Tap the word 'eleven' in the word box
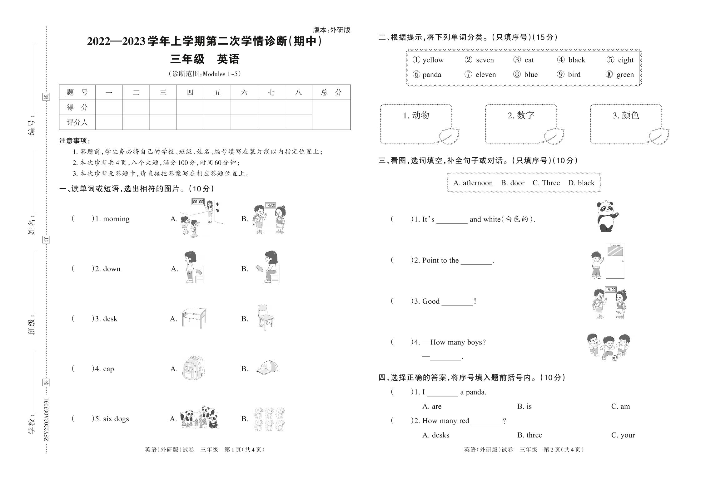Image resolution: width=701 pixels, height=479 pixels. [x=485, y=75]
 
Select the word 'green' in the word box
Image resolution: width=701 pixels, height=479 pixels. [x=625, y=75]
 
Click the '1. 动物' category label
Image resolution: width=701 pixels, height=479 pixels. [x=416, y=115]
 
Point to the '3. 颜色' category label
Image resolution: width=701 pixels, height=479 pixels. [x=626, y=115]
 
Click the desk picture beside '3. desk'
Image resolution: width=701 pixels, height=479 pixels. [x=194, y=318]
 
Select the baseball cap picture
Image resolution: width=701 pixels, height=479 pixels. [x=267, y=367]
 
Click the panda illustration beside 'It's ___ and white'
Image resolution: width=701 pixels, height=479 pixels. [x=607, y=217]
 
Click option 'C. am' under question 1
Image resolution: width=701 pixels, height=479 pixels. [x=620, y=406]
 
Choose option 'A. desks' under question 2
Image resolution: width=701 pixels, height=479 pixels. [x=435, y=435]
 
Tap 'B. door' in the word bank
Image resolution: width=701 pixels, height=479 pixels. [x=513, y=183]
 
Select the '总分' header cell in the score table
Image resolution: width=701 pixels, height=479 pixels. [x=331, y=92]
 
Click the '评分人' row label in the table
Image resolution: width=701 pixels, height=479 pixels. [x=77, y=122]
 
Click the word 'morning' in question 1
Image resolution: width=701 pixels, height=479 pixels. [x=116, y=219]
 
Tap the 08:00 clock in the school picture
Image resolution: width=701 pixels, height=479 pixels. [x=198, y=202]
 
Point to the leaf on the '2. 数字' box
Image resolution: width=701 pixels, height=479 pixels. [x=554, y=136]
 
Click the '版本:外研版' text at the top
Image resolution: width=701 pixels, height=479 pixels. [x=331, y=30]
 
